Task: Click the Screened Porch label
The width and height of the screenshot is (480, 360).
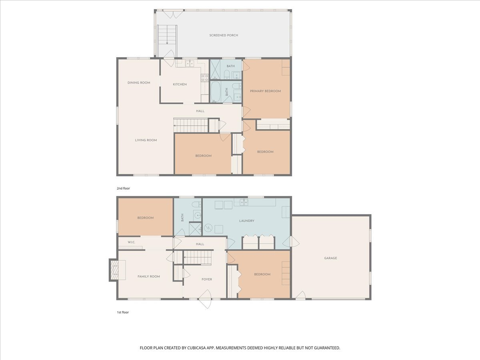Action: tap(224, 35)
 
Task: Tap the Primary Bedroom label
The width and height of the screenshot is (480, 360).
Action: tap(265, 91)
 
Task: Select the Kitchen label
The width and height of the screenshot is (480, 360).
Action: tap(180, 84)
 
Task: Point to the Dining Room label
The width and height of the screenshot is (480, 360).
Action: tap(139, 83)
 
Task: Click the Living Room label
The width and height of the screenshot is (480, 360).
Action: tap(146, 140)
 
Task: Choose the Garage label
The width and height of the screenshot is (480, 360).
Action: tap(330, 258)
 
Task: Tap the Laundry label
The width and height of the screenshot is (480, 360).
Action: tap(246, 221)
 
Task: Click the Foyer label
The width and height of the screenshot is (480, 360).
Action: tap(207, 279)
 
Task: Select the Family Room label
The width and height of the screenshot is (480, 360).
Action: tap(149, 276)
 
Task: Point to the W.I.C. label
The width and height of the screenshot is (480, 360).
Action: tap(132, 242)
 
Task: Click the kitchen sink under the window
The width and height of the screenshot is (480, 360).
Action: tap(188, 63)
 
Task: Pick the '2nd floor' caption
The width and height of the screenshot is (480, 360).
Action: tap(123, 188)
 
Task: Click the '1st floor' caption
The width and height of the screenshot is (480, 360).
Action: tap(123, 312)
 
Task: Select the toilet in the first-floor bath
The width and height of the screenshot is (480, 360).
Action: tap(197, 205)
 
